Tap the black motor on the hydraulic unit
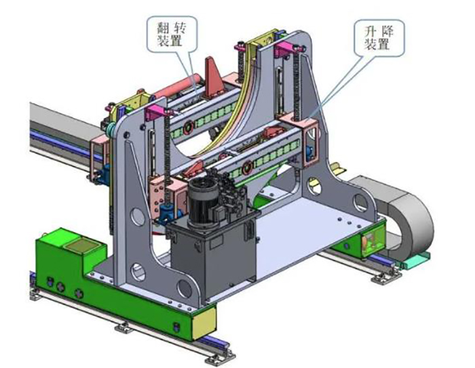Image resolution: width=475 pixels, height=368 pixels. [202, 201]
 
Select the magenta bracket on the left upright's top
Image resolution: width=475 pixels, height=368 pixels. [156, 112]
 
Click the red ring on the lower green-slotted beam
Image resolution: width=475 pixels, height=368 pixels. [247, 167]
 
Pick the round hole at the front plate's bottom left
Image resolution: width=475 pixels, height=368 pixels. [138, 272]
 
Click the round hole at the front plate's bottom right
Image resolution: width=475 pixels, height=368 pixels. [185, 289]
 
